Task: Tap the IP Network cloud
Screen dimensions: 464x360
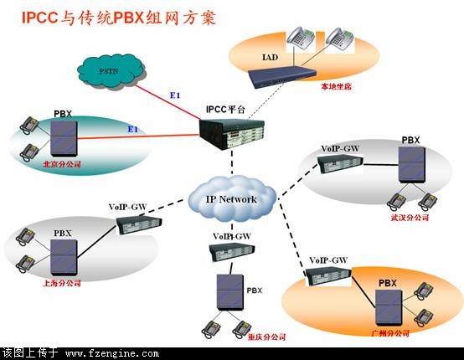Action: (x=232, y=198)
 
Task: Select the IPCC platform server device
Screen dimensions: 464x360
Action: (x=231, y=134)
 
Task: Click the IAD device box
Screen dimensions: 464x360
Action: (x=281, y=76)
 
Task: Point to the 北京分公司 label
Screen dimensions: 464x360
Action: (x=62, y=164)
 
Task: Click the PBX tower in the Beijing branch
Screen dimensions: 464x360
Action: (x=64, y=138)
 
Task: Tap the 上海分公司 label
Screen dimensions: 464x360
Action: (x=62, y=283)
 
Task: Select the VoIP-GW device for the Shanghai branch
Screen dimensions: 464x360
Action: (x=139, y=225)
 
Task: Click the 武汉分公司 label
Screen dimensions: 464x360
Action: (x=410, y=218)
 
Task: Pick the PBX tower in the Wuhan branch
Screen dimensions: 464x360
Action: (x=412, y=165)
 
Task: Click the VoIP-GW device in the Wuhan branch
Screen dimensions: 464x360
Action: (x=340, y=163)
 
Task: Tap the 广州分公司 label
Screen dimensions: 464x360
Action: (x=390, y=333)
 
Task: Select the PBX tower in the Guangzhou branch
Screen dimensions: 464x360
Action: (x=389, y=307)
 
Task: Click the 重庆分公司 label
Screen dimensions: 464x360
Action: (x=267, y=337)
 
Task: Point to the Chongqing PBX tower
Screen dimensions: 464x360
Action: (x=230, y=292)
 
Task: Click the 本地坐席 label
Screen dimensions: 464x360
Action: (x=337, y=86)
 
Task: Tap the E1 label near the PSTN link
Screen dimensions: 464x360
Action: (x=175, y=95)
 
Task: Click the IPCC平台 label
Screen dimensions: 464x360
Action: (x=226, y=110)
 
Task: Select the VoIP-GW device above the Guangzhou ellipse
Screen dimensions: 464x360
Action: (x=329, y=276)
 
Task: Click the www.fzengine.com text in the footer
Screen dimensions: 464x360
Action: (x=112, y=353)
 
